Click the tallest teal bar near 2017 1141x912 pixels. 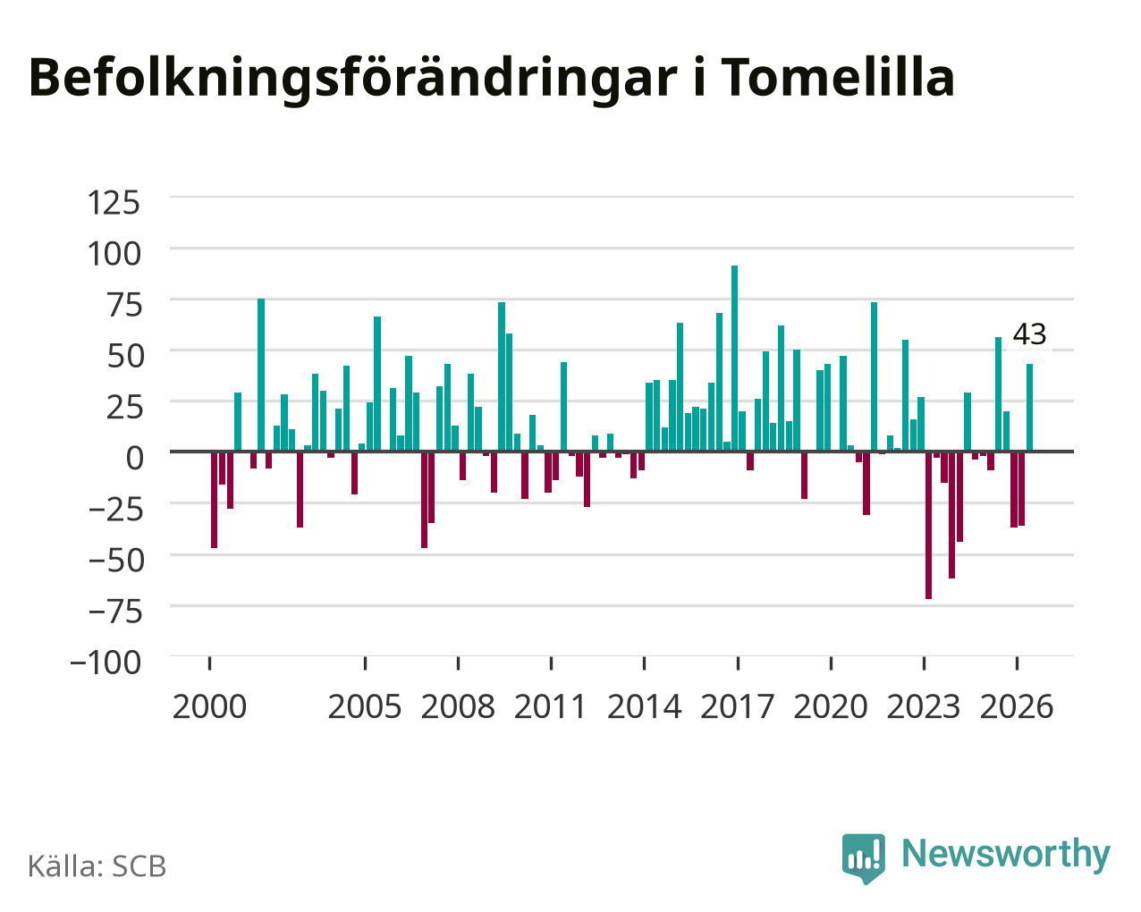click(x=734, y=358)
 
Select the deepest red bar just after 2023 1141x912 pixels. click(x=928, y=525)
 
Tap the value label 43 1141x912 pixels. click(x=1029, y=334)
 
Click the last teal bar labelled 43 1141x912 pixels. click(x=1029, y=407)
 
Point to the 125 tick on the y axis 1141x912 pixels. click(x=114, y=203)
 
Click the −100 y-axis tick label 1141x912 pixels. click(x=106, y=663)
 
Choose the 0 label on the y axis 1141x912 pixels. click(x=134, y=458)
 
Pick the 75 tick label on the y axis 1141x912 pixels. click(x=125, y=305)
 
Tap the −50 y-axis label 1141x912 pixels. click(x=116, y=561)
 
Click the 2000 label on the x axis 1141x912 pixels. click(x=209, y=706)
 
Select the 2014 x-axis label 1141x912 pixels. click(x=644, y=706)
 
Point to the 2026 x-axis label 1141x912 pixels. click(x=1017, y=706)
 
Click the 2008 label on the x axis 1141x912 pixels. click(x=458, y=706)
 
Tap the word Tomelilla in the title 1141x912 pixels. click(x=838, y=78)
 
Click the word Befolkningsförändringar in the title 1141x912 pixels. click(x=352, y=80)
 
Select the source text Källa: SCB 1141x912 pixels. click(x=97, y=866)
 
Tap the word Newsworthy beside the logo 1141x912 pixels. click(x=1006, y=855)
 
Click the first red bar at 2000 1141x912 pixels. click(x=215, y=500)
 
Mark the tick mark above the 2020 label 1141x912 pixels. click(x=831, y=663)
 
